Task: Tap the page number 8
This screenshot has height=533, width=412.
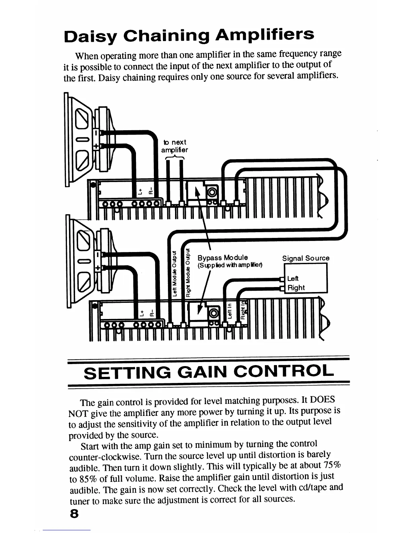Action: coord(74,514)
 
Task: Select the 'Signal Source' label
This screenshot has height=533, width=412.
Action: coord(306,258)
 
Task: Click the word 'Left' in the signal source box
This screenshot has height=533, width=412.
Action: coord(293,279)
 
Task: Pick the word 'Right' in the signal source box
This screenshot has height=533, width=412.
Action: coord(296,288)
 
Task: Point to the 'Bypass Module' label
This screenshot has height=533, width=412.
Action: coord(222,258)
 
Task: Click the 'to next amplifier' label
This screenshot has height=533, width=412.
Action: coord(175,146)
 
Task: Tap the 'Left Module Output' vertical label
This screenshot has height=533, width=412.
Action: coord(174,274)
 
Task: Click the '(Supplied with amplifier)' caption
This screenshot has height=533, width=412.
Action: coord(230,265)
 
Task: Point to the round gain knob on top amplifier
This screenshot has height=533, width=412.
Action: coord(213,192)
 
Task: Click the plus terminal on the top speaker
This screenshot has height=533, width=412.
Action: coord(96,146)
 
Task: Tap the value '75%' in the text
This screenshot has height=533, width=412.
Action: coord(332,465)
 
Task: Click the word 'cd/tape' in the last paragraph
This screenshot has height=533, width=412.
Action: coord(311,488)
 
